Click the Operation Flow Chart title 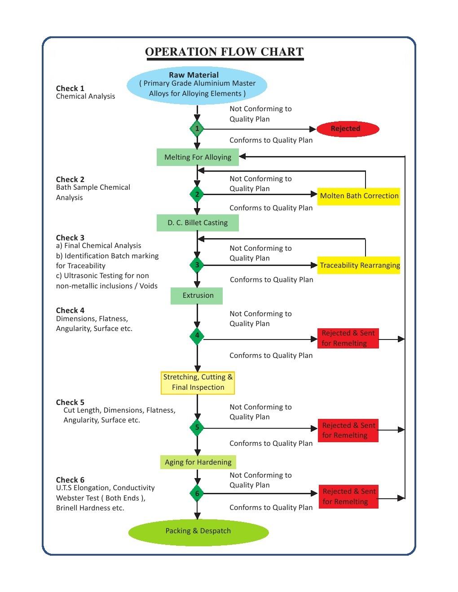tap(224, 52)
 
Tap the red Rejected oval tap(348, 129)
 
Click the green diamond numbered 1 tap(197, 129)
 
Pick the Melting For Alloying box tap(198, 157)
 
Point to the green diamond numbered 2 tap(197, 194)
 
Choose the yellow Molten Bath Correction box tap(359, 196)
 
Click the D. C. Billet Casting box tap(198, 223)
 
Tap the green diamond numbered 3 tap(197, 265)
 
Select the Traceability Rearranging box tap(359, 265)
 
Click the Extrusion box tap(197, 296)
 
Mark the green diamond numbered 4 tap(197, 336)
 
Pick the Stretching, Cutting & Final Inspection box tap(198, 383)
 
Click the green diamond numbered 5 tap(197, 427)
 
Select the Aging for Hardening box tap(198, 462)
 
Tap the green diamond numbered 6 tap(197, 494)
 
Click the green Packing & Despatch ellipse tap(198, 531)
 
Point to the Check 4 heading tap(70, 310)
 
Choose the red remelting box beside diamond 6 tap(348, 496)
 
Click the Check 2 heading tap(70, 179)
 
